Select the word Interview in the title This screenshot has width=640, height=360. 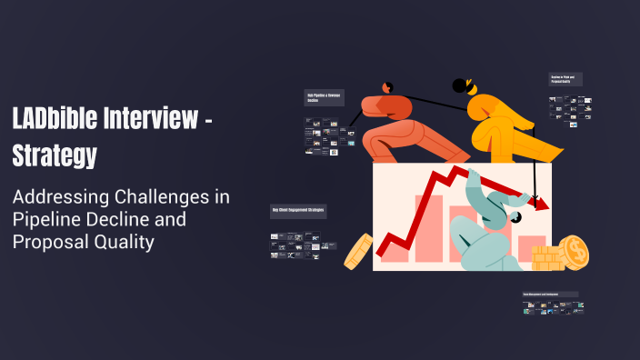pos(151,118)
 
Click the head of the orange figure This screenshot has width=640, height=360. pos(388,87)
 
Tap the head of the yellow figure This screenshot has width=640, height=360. pos(464,86)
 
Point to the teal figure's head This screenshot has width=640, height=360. pos(515,217)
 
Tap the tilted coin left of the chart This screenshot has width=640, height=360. pos(358,251)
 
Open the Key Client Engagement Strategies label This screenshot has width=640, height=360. pos(298,211)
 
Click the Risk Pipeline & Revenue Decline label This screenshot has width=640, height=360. pos(323,97)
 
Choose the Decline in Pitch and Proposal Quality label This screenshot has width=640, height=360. pos(568,80)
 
